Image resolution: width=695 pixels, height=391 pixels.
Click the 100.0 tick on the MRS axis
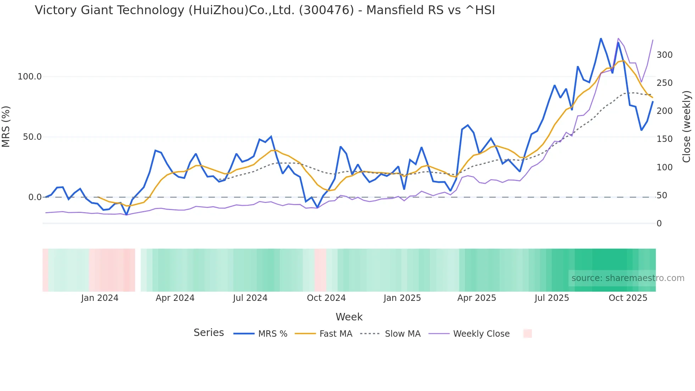pos(29,77)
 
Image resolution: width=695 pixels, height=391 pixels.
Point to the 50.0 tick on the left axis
pos(32,137)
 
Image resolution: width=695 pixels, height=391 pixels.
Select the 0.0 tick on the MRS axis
pos(34,197)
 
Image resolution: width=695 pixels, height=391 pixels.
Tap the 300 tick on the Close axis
pos(665,55)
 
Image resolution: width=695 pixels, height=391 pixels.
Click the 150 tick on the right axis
pos(665,139)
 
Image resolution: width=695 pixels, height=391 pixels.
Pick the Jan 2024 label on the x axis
pos(100,298)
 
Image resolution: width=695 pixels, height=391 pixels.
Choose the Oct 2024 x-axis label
pos(326,298)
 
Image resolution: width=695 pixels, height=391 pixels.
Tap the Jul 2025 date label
pos(552,298)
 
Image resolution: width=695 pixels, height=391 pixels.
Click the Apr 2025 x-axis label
pos(477,298)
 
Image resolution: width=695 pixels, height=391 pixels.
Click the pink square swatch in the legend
pos(527,334)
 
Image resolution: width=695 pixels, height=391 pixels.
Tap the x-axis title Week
pos(349,317)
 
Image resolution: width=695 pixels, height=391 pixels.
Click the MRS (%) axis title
pos(6,126)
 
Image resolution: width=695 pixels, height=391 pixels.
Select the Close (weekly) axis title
pos(687,126)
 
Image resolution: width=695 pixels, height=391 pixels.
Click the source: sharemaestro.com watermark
pos(628,278)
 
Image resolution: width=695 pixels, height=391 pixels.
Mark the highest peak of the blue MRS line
pos(601,38)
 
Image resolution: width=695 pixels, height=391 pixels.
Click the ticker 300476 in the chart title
pos(326,10)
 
